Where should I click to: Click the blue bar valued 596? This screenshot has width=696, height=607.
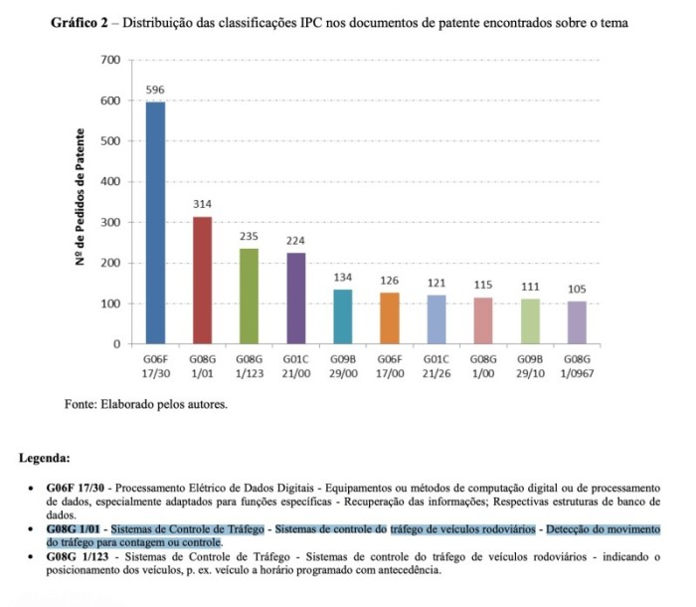155,223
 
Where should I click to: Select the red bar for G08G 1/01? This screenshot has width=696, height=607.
202,280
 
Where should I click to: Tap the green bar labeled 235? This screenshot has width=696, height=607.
249,296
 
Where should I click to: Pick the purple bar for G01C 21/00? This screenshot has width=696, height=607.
295,298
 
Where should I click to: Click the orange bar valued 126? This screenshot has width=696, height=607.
390,317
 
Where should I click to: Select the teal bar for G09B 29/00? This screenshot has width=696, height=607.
343,316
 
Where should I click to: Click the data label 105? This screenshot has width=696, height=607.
578,289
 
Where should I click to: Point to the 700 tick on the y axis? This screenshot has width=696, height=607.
110,61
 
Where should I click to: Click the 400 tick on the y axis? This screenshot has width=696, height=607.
110,182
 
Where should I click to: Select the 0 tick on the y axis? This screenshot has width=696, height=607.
116,344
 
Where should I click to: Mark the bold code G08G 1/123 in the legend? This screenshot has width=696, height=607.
79,557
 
